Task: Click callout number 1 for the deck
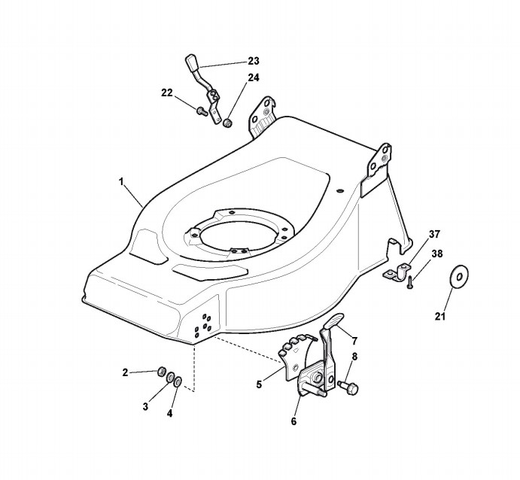point(121,181)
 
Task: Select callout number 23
point(253,61)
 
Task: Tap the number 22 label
point(167,93)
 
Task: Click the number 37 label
point(434,234)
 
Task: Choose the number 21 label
point(440,316)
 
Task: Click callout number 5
point(258,384)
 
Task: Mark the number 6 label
point(293,421)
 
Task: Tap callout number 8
point(354,357)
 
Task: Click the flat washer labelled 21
point(456,277)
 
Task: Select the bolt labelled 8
point(348,387)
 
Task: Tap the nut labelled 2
point(160,371)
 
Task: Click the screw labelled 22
point(201,111)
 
